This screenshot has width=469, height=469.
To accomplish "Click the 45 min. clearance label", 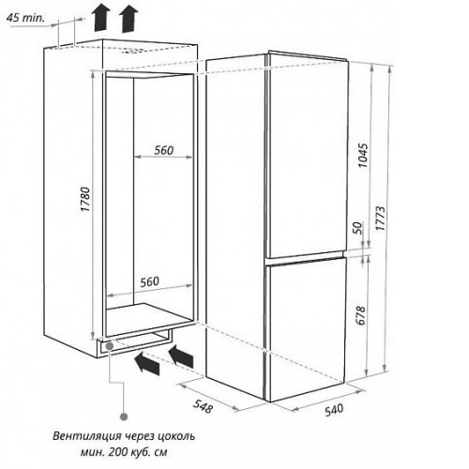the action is click(x=25, y=18).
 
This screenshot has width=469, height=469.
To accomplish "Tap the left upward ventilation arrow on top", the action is click(x=102, y=19).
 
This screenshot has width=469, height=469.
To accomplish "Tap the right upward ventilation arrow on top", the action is click(x=129, y=20).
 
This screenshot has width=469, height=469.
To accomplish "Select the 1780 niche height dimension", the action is click(x=85, y=199).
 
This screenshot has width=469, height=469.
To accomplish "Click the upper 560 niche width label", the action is click(x=164, y=150).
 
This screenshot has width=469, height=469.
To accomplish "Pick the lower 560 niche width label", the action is click(x=149, y=281).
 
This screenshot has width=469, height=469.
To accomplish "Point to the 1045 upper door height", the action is click(x=363, y=156).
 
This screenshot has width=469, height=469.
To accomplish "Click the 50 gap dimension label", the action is click(x=358, y=228).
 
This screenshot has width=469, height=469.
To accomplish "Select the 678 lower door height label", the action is click(x=360, y=315).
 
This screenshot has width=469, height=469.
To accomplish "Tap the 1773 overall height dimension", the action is click(x=380, y=219).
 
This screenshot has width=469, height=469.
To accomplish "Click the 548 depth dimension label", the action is click(x=203, y=406).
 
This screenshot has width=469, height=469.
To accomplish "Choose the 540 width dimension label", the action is click(x=334, y=410).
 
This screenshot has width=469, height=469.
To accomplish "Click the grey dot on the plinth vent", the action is click(x=110, y=346).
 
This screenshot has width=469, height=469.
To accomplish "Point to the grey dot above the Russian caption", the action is click(x=124, y=416).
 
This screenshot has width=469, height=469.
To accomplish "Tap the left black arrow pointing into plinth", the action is click(x=146, y=364).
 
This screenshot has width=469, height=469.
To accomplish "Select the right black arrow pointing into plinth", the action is click(x=181, y=356).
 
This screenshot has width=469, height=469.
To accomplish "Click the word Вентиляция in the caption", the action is click(x=86, y=436).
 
